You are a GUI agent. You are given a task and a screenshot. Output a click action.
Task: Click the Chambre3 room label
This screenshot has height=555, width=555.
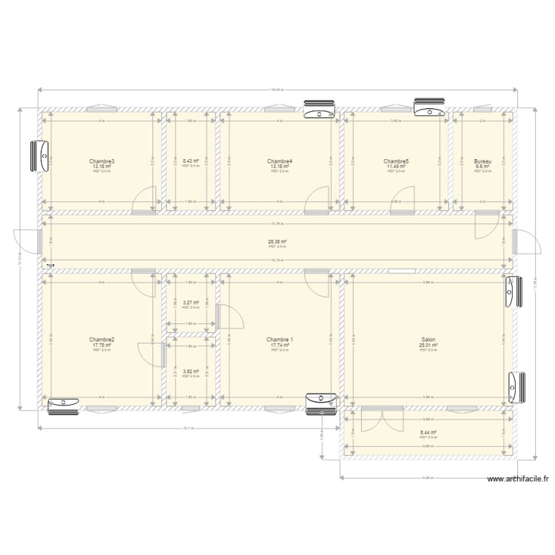click(102, 161)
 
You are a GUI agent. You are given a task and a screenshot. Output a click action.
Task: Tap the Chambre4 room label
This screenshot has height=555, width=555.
click(280, 161)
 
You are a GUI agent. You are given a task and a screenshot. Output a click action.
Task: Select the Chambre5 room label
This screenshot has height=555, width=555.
click(397, 161)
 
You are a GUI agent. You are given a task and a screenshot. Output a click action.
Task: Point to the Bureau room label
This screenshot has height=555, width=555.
click(482, 161)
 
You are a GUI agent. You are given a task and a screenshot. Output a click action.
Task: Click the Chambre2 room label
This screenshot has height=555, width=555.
click(102, 340)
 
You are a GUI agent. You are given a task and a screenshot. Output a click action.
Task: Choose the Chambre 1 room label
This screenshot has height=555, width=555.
click(280, 340)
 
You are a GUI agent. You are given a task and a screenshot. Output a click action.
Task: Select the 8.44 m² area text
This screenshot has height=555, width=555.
click(428, 433)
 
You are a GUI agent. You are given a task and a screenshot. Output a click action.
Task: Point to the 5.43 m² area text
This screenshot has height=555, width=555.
click(190, 161)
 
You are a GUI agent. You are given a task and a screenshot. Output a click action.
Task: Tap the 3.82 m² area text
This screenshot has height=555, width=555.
click(190, 371)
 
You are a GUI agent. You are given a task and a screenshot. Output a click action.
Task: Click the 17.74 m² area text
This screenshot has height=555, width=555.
click(280, 345)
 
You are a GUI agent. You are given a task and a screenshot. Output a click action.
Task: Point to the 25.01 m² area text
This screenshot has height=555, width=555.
click(428, 345)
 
